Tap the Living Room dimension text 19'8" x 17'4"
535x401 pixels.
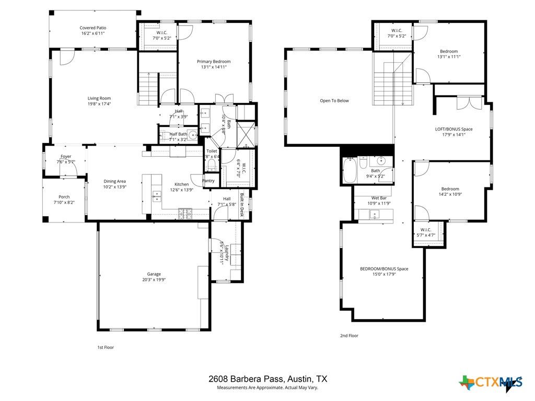(99, 104)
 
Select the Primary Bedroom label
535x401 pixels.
(214, 62)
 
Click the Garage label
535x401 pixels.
(154, 274)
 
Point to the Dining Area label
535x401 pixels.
(114, 181)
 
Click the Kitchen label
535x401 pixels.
(181, 184)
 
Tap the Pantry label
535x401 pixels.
(208, 181)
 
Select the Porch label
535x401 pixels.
(64, 197)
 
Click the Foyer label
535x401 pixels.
(66, 156)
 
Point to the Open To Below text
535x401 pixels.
(334, 101)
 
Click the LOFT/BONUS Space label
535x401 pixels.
(453, 128)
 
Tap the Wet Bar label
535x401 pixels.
(379, 198)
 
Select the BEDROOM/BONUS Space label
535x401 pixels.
(384, 269)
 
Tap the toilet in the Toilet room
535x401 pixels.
(211, 165)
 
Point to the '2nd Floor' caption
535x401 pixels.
(349, 336)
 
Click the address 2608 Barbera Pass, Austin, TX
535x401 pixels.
(267, 379)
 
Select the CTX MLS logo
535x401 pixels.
(491, 383)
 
